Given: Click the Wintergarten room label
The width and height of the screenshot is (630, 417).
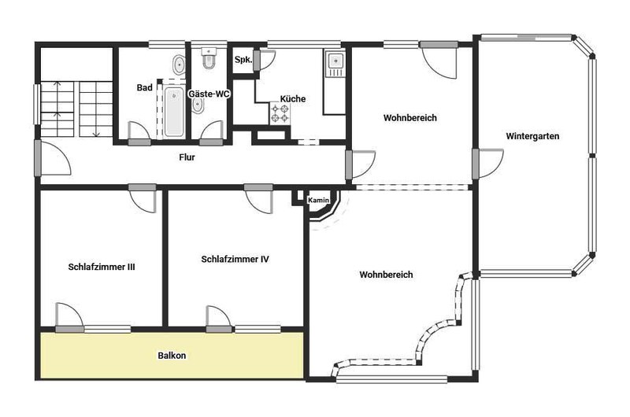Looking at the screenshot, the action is [532, 136].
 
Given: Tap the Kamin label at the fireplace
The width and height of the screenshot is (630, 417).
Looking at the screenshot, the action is [319, 200].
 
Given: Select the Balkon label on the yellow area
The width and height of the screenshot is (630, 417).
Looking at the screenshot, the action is [172, 356].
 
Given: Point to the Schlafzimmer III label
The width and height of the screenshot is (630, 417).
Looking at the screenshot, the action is [102, 267].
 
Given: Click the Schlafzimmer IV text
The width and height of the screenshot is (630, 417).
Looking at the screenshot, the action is [235, 260].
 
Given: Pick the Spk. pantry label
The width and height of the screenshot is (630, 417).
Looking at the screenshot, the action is [243, 60].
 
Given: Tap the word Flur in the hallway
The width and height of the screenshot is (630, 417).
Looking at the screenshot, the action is [187, 157].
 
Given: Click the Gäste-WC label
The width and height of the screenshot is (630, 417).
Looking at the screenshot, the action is [209, 94].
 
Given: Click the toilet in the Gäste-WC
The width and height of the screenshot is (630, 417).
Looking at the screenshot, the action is [209, 58].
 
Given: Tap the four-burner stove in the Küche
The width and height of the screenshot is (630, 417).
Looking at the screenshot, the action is [280, 113].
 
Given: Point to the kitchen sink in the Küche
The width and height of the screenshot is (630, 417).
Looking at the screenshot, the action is [335, 64].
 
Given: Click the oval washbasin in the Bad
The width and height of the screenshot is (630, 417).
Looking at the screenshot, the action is [179, 65].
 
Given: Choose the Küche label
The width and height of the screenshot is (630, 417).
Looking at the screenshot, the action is [293, 98].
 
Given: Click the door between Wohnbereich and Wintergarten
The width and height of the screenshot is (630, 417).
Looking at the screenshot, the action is [487, 164].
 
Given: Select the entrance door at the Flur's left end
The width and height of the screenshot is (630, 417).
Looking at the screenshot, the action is [52, 157].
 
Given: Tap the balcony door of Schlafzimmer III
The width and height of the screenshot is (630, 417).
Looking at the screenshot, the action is [69, 318].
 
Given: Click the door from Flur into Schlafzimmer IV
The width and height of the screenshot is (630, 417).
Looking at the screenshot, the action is [259, 199].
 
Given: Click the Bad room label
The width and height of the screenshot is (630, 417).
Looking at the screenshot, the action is [145, 87].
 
